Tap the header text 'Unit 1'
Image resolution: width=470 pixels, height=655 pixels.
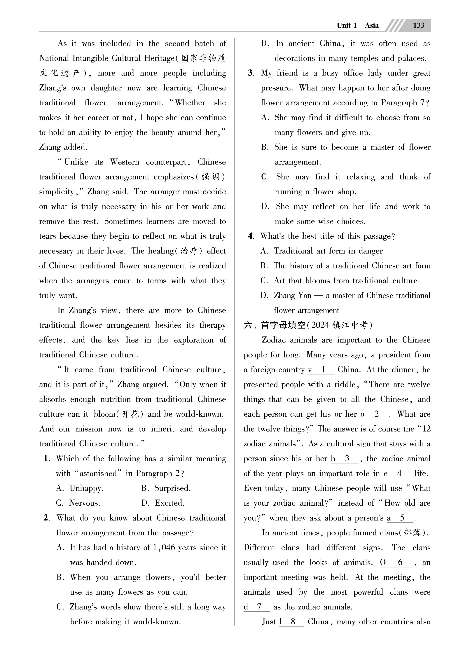tap(347, 25)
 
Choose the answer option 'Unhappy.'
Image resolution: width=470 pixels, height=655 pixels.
tap(86, 488)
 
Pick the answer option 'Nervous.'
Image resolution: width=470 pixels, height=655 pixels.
tap(85, 503)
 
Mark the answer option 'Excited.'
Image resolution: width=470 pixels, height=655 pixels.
tap(170, 503)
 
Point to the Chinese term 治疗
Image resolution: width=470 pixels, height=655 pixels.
tap(189, 251)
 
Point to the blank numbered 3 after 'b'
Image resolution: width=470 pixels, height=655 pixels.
tap(347, 459)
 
